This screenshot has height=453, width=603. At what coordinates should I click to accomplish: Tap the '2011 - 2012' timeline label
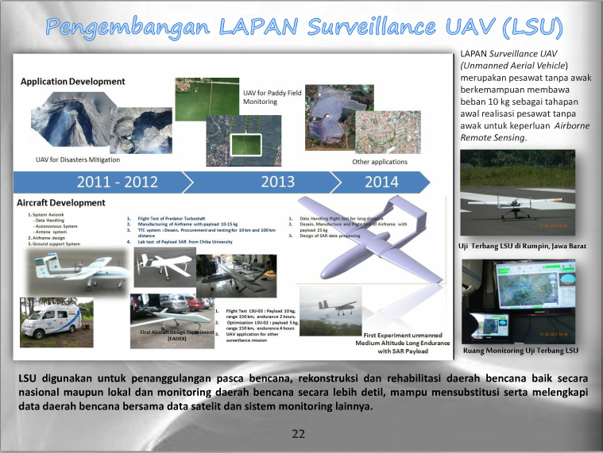click(117, 182)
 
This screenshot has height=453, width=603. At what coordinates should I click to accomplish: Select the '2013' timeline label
click(277, 182)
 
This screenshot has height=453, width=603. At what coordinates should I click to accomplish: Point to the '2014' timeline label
click(381, 182)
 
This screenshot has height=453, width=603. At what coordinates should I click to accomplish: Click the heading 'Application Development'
click(73, 82)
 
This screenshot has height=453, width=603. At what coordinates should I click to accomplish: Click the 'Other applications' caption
click(380, 162)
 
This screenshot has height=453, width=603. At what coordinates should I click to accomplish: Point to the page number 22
click(299, 433)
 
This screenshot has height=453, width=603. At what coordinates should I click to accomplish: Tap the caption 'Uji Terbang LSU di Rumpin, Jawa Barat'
click(522, 246)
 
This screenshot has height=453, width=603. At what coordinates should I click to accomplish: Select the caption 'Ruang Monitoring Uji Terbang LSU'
click(520, 350)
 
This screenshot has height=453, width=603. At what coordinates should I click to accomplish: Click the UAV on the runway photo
click(517, 194)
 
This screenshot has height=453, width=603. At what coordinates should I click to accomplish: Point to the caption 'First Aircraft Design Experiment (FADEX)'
click(177, 335)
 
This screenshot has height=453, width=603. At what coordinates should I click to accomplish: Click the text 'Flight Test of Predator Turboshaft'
click(175, 218)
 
